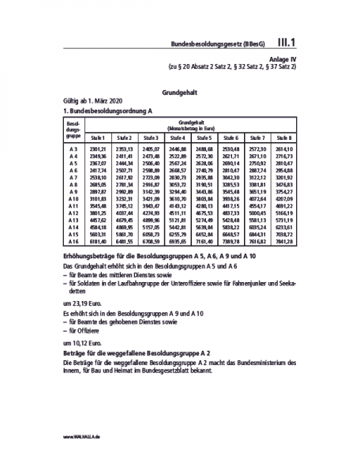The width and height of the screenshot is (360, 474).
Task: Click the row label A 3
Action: pyautogui.click(x=72, y=149)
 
